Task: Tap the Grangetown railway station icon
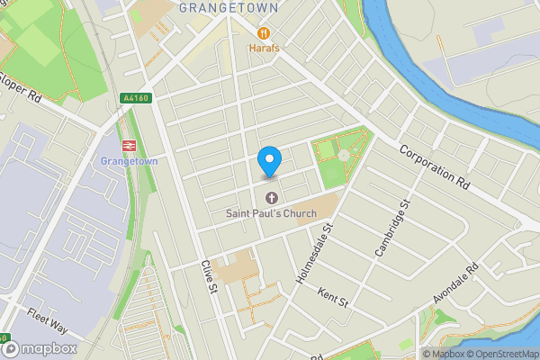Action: pyautogui.click(x=129, y=144)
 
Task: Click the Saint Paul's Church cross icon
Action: pyautogui.click(x=271, y=197)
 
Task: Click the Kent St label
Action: pyautogui.click(x=333, y=298)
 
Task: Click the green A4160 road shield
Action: pyautogui.click(x=132, y=98)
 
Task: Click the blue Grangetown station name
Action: pyautogui.click(x=129, y=161)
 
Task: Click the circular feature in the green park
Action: pyautogui.click(x=344, y=156)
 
